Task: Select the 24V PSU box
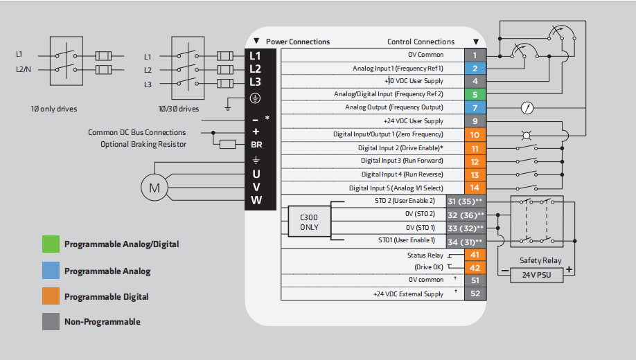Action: click(x=532, y=276)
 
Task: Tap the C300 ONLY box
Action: click(x=309, y=222)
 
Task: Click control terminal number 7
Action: click(x=475, y=108)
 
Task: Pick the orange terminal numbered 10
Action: click(x=475, y=134)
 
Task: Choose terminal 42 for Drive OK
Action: click(x=475, y=268)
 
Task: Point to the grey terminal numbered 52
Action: click(x=475, y=294)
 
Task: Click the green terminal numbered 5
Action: click(x=475, y=94)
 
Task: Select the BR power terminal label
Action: click(x=256, y=145)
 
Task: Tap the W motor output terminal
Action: click(x=256, y=201)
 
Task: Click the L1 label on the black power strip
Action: click(x=256, y=55)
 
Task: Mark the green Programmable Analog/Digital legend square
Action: click(x=51, y=244)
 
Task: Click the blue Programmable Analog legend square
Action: click(x=51, y=271)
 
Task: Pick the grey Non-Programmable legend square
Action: click(x=51, y=321)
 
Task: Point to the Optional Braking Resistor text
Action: click(x=143, y=145)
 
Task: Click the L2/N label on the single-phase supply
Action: click(x=24, y=70)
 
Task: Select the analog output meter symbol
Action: click(x=527, y=108)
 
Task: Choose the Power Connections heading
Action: click(x=298, y=42)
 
